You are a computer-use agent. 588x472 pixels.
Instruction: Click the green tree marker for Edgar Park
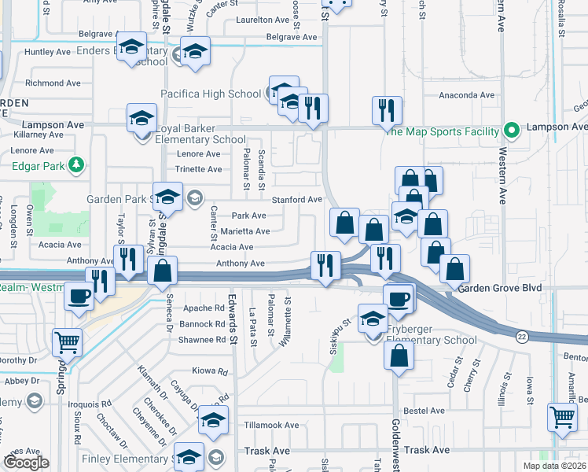coord(76,165)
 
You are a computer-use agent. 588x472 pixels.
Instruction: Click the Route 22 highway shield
coord(521,336)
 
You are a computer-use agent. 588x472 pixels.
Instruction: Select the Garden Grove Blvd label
coord(500,288)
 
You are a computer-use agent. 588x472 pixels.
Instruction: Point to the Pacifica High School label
coord(211,94)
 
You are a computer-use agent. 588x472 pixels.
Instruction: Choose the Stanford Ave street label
coord(297,200)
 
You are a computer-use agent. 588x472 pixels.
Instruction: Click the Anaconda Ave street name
coord(466,95)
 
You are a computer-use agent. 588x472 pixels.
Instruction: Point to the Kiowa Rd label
coord(208,371)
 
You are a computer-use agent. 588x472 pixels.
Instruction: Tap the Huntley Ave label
coord(47,52)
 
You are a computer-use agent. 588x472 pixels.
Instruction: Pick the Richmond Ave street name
coord(53,83)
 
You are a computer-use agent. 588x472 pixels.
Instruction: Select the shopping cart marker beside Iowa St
coord(563,416)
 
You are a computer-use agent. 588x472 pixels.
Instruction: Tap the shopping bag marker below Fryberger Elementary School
coord(399,355)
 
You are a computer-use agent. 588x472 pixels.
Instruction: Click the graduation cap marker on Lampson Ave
coord(141,119)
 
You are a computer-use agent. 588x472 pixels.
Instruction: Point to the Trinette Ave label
coord(198,168)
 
